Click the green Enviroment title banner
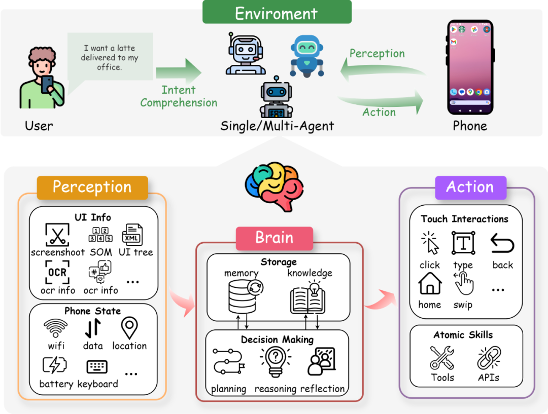click(x=277, y=12)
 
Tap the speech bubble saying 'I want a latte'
click(x=110, y=58)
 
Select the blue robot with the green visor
click(x=307, y=56)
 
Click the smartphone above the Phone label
click(x=470, y=67)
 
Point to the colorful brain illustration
click(x=275, y=185)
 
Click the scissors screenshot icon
click(x=57, y=235)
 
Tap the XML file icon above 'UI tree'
click(x=132, y=235)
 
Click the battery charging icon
click(x=54, y=365)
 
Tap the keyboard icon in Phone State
click(x=97, y=366)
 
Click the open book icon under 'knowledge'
click(x=308, y=297)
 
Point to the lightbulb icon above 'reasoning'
click(x=276, y=361)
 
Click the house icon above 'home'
click(x=430, y=283)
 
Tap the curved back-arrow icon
click(x=502, y=243)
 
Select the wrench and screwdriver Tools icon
click(x=442, y=357)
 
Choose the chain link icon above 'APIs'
click(x=489, y=357)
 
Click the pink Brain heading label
click(x=275, y=238)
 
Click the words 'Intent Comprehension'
click(x=179, y=96)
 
